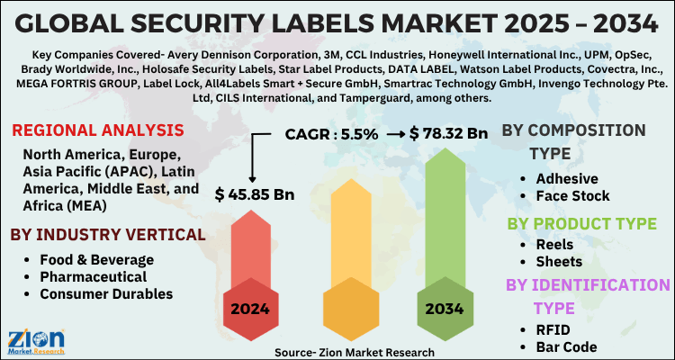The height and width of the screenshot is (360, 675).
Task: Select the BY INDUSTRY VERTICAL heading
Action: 106,236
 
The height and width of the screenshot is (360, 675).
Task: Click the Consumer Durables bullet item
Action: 106,294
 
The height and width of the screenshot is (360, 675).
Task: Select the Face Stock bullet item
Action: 572,195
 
